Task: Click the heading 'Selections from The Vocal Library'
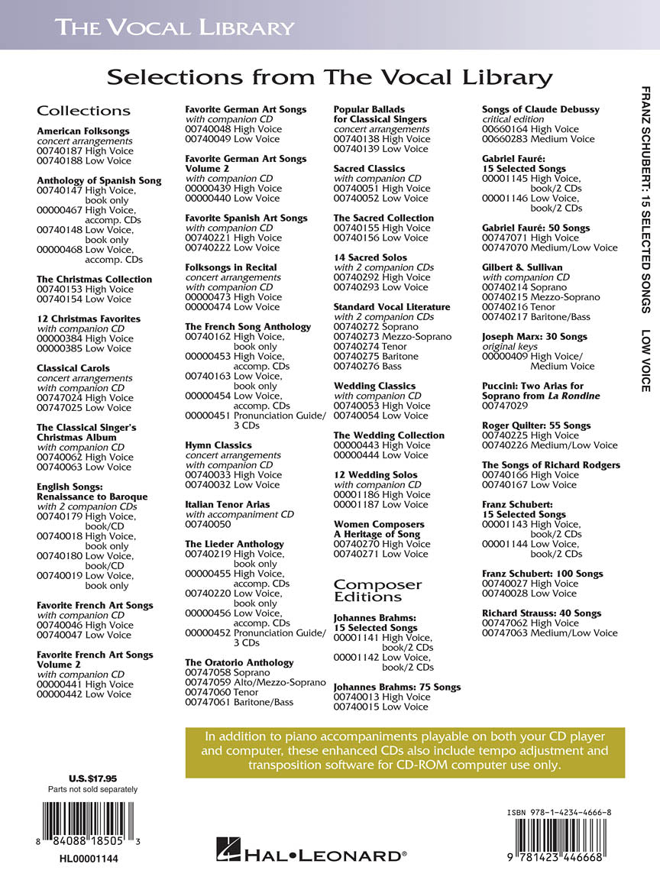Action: pyautogui.click(x=329, y=77)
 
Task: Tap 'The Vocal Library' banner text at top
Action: pyautogui.click(x=174, y=28)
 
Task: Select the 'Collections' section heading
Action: pyautogui.click(x=83, y=111)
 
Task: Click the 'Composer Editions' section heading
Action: pyautogui.click(x=377, y=590)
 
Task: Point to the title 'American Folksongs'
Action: pyautogui.click(x=83, y=131)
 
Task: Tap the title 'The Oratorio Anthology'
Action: pyautogui.click(x=239, y=662)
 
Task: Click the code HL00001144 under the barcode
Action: pyautogui.click(x=89, y=859)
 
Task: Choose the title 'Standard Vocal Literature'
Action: pyautogui.click(x=392, y=306)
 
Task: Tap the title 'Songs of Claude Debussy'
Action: pyautogui.click(x=541, y=109)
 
